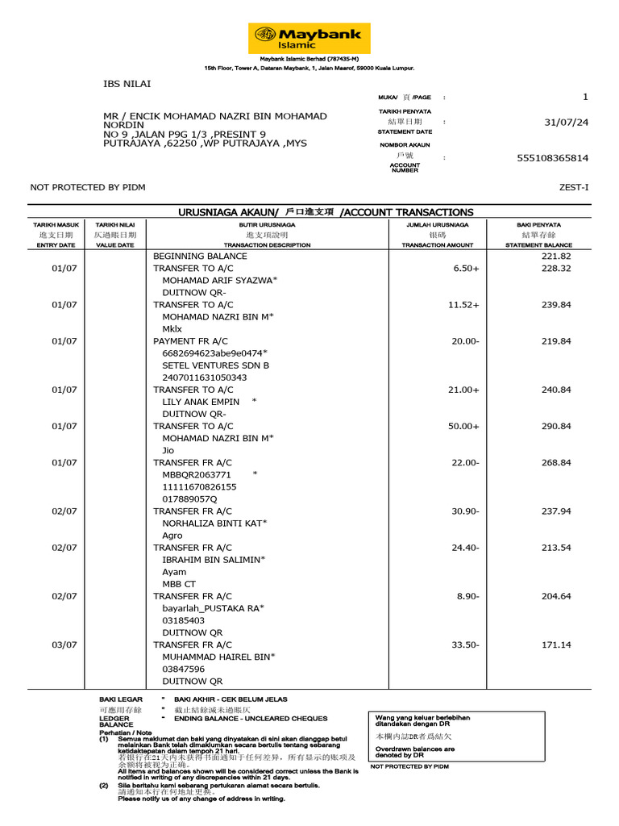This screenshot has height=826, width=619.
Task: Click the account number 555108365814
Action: (x=552, y=159)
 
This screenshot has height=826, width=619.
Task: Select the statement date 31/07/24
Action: (x=567, y=123)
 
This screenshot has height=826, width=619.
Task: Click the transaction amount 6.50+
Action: (x=465, y=269)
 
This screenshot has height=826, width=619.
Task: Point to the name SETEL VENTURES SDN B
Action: (x=215, y=365)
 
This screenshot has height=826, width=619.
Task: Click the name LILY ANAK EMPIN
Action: (x=201, y=402)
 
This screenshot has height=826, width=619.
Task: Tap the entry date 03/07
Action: (x=64, y=645)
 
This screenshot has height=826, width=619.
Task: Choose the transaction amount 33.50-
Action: (x=465, y=645)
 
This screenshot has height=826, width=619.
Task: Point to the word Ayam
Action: (x=174, y=572)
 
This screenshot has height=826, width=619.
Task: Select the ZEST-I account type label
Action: (x=574, y=187)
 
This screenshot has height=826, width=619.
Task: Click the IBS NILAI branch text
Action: (x=127, y=83)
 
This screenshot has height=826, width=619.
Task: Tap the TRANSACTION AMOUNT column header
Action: (x=438, y=244)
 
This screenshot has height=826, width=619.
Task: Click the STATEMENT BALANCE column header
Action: (x=538, y=244)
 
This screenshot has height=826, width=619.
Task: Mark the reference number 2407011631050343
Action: (x=205, y=378)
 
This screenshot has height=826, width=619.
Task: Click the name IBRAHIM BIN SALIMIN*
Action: (x=214, y=560)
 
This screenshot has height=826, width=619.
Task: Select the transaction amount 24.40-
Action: (x=465, y=548)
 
